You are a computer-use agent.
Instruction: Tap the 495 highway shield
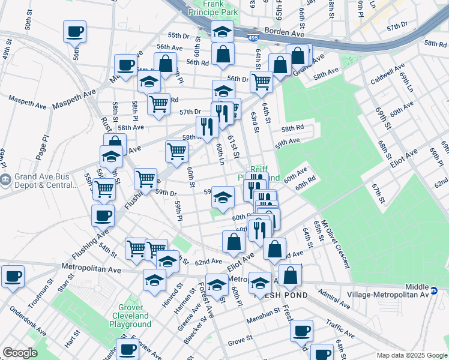(255, 37)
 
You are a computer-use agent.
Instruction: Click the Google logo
(20, 353)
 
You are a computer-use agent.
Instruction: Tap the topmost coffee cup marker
(75, 31)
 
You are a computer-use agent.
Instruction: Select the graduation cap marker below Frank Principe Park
(222, 31)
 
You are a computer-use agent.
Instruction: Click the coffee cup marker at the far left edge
(13, 277)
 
